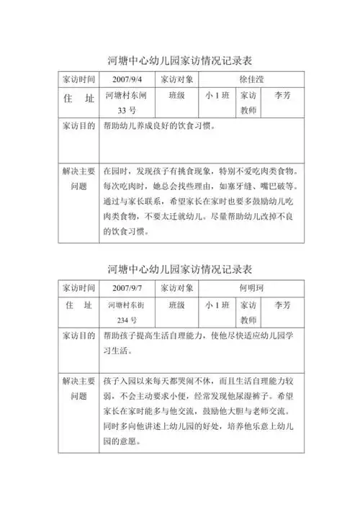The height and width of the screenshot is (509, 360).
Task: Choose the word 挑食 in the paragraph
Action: click(x=184, y=172)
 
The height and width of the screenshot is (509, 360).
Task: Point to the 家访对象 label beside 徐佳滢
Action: click(x=176, y=78)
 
